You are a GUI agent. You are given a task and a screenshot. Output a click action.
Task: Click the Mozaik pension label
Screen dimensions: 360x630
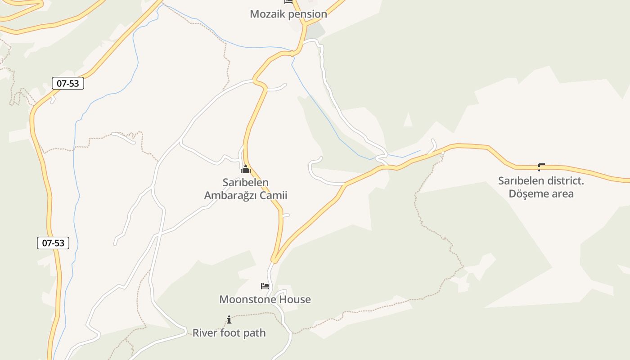(x=288, y=14)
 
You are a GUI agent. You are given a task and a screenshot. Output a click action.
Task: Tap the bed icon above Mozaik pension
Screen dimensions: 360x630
(x=288, y=2)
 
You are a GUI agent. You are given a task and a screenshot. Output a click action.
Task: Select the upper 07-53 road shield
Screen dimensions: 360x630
(x=68, y=83)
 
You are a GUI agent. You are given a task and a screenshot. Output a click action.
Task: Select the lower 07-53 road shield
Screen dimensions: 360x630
(x=53, y=243)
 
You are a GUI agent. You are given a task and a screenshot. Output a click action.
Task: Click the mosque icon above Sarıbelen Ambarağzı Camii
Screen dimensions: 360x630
(x=246, y=170)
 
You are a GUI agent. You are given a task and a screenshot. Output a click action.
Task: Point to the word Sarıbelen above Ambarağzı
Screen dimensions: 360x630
(x=246, y=183)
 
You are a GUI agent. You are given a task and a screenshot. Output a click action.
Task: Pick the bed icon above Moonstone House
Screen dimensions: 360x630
(x=265, y=286)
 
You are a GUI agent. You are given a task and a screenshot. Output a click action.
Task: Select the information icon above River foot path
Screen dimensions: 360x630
(x=229, y=320)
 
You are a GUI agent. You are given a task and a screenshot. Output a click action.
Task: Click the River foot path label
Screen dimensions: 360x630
(x=229, y=333)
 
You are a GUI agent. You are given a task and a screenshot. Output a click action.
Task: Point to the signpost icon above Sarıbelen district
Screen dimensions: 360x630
(x=541, y=167)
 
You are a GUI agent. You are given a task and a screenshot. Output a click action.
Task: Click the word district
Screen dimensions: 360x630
(x=565, y=181)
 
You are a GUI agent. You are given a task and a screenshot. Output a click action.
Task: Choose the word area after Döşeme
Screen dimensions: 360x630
(x=562, y=194)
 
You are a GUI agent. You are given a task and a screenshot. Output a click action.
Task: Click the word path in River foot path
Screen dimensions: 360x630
(x=255, y=333)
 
